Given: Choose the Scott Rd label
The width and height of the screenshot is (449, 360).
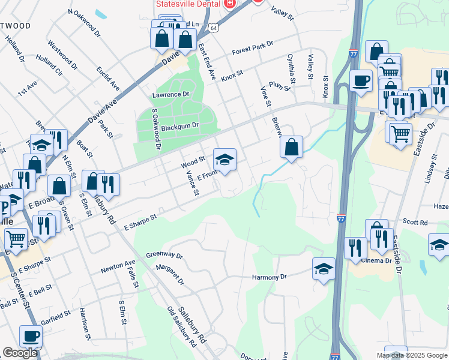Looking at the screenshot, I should click(x=415, y=223).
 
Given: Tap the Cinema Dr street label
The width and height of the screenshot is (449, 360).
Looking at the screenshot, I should click(x=376, y=260).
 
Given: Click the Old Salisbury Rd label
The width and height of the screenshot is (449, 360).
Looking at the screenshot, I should click(x=182, y=328).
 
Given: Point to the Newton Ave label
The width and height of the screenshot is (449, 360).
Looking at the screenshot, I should click(x=118, y=265).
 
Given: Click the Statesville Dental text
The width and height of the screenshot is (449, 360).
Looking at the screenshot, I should click(x=186, y=4).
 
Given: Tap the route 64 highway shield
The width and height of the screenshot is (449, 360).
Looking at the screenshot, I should click(x=214, y=27).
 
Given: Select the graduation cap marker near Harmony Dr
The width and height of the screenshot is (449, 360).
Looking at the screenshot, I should click(x=324, y=268).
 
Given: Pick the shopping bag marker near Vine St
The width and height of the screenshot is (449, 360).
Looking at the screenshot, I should click(x=291, y=147).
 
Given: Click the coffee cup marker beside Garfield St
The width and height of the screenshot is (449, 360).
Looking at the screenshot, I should click(x=31, y=336).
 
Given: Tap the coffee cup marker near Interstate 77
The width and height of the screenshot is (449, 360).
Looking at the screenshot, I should click(x=361, y=80).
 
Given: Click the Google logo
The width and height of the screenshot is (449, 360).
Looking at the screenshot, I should click(x=20, y=353).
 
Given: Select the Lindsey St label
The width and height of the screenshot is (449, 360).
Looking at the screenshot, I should click(x=429, y=172).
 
